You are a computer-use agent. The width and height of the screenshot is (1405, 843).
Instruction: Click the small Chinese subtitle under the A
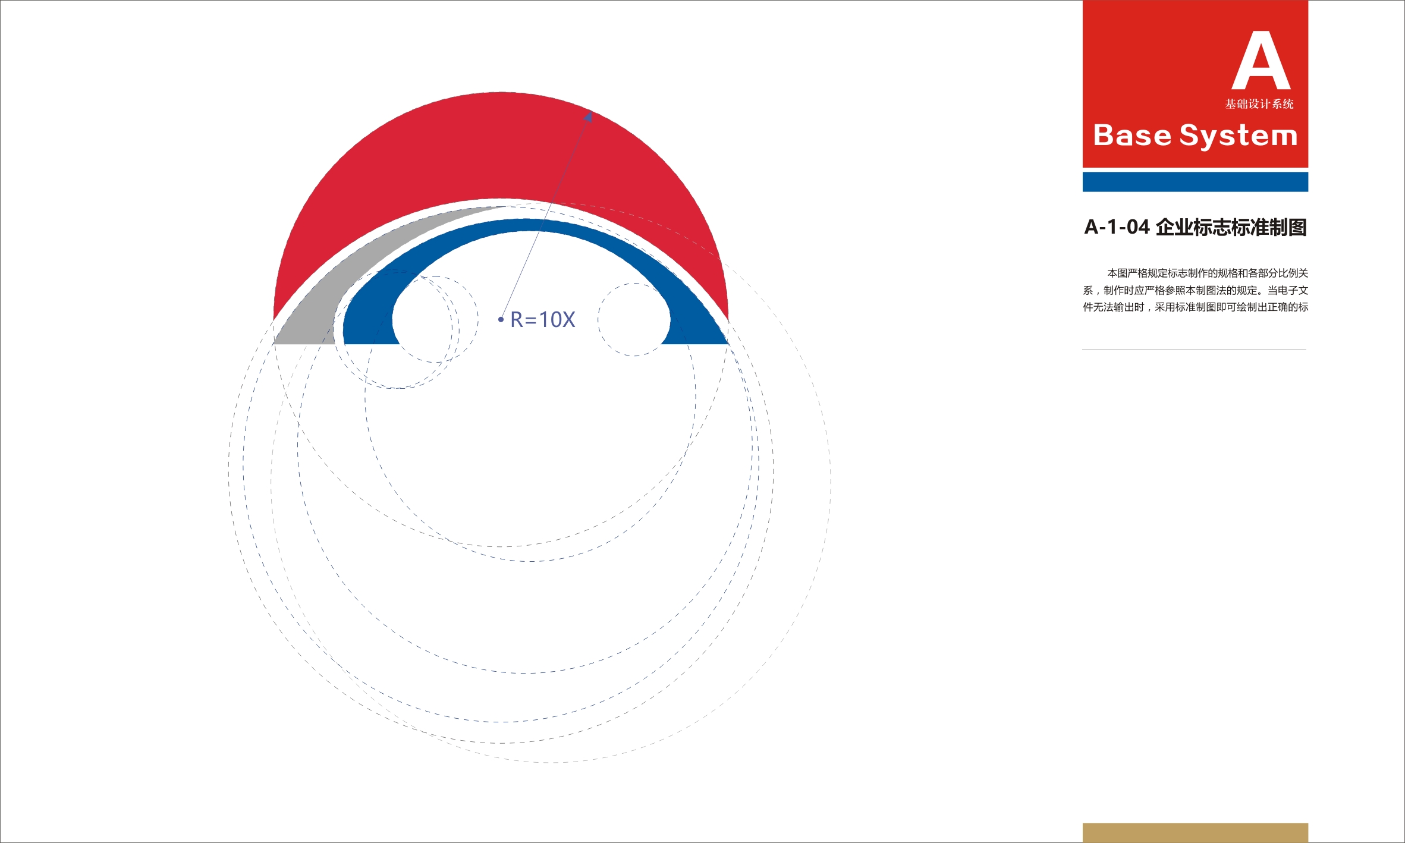(x=1259, y=104)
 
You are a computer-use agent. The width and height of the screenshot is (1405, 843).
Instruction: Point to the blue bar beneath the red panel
(x=1195, y=182)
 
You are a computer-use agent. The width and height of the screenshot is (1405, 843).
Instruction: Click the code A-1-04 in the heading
(x=1117, y=227)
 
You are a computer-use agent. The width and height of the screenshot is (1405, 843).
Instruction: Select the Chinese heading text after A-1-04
(x=1231, y=227)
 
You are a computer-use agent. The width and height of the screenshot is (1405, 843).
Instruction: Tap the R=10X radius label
(x=543, y=320)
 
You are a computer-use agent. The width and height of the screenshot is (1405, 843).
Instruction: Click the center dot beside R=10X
(x=501, y=320)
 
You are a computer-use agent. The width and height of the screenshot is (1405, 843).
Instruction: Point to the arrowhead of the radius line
(x=588, y=116)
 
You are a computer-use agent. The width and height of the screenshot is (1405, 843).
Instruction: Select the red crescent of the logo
(x=501, y=149)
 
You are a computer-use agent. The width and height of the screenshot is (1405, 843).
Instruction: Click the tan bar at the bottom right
(x=1195, y=833)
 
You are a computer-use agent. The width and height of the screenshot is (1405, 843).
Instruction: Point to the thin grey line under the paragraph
(x=1194, y=350)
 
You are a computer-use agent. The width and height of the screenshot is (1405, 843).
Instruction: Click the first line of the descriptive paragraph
(x=1207, y=273)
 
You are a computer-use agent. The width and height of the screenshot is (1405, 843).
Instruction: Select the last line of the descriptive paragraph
(x=1195, y=307)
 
